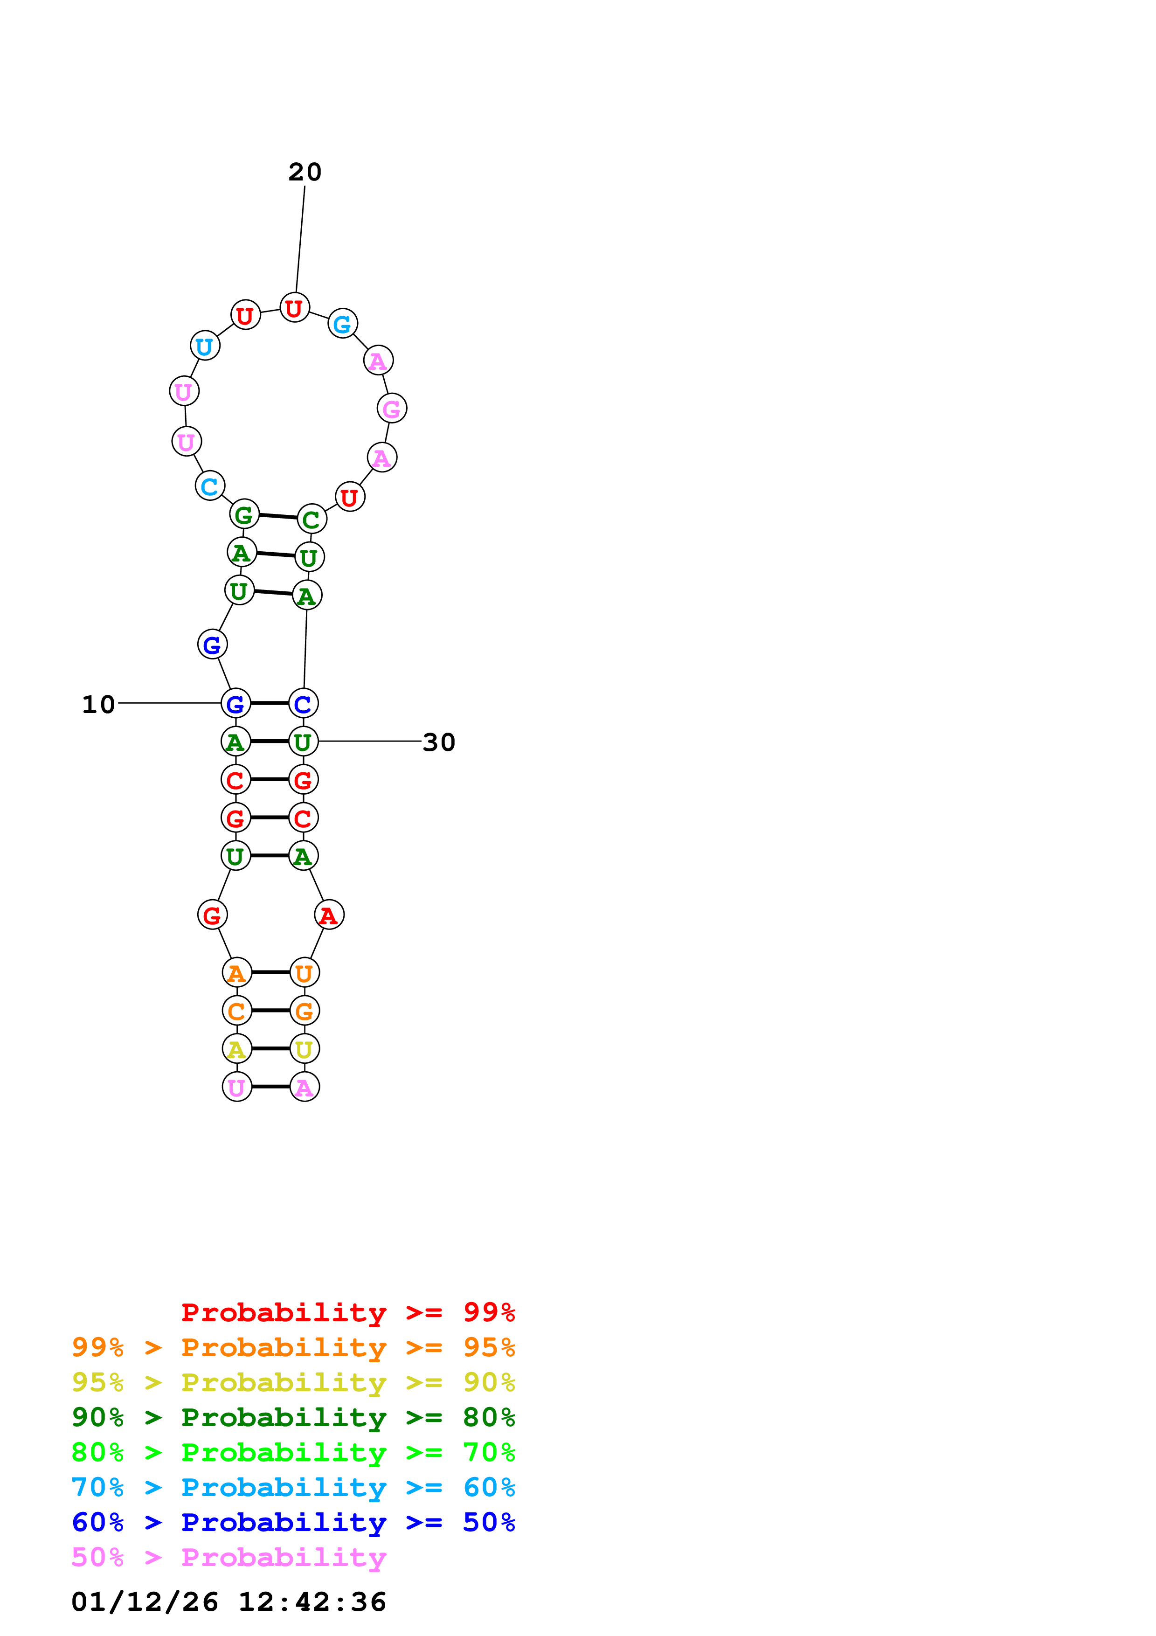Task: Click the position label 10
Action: (x=98, y=704)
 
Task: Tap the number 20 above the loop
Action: (x=305, y=172)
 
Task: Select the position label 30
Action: (x=439, y=742)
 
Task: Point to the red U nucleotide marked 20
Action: (x=294, y=308)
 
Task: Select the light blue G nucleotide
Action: (x=343, y=324)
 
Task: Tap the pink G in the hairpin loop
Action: (x=392, y=408)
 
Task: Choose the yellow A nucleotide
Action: (x=237, y=1049)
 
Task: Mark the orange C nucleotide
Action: (x=237, y=1011)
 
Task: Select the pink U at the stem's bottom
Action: (x=237, y=1088)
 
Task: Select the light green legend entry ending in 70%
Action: (x=293, y=1452)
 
